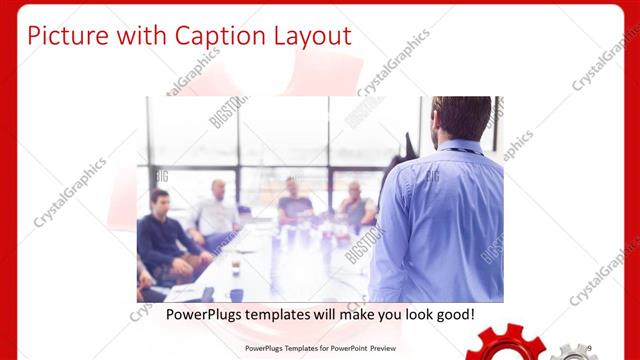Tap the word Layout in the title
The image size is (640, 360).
[x=311, y=36]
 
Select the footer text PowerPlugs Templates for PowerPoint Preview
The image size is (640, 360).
[x=321, y=348]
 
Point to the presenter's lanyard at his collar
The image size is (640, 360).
[x=462, y=151]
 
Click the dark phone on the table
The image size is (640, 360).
[x=235, y=294]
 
